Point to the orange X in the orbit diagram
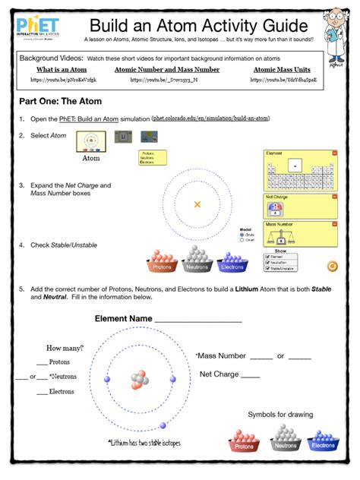click(x=197, y=204)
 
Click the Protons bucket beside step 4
click(x=162, y=263)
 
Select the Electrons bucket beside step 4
click(x=232, y=263)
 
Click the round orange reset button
click(x=331, y=265)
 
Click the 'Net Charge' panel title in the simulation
click(x=276, y=197)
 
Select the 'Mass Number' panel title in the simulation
click(x=279, y=225)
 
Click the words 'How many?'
click(x=65, y=348)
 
